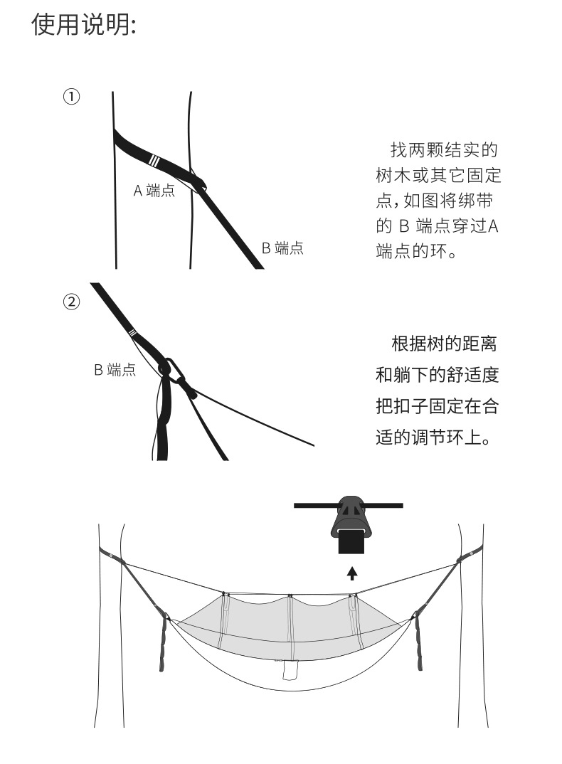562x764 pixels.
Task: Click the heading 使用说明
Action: click(x=83, y=26)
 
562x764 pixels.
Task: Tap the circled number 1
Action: click(x=72, y=97)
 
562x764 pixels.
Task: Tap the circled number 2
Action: click(x=72, y=302)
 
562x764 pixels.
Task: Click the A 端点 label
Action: click(x=154, y=190)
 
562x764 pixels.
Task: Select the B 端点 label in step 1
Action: click(x=282, y=248)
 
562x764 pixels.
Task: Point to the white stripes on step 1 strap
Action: click(x=155, y=159)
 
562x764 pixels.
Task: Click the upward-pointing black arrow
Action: click(x=352, y=572)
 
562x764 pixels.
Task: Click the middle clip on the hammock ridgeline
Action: click(x=290, y=596)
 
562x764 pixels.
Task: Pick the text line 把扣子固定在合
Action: click(x=437, y=406)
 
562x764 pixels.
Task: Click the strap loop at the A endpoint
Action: click(x=198, y=183)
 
